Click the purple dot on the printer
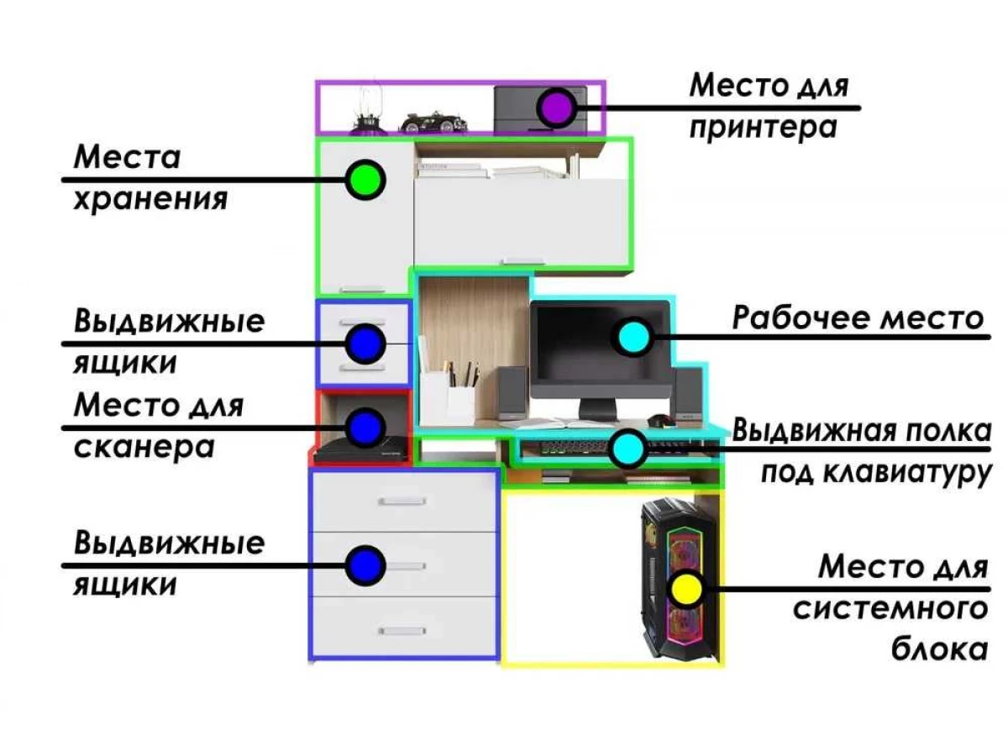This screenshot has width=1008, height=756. (x=557, y=108)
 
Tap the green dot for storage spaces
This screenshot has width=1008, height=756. (x=365, y=180)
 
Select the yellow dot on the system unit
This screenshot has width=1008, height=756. (x=685, y=589)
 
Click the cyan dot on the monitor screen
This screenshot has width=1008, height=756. (x=634, y=337)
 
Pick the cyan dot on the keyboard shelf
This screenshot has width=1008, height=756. (x=627, y=449)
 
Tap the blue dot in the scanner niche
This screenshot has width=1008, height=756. (x=365, y=428)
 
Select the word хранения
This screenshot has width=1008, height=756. (x=150, y=200)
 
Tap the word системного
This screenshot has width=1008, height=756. (x=890, y=609)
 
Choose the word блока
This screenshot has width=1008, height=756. (x=940, y=649)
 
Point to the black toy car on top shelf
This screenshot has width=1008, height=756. (x=433, y=123)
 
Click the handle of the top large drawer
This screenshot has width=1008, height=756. (x=402, y=501)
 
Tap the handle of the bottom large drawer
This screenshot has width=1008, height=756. (x=402, y=631)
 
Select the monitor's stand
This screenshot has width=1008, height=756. (x=597, y=408)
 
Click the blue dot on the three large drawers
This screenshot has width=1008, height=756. (x=365, y=565)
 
